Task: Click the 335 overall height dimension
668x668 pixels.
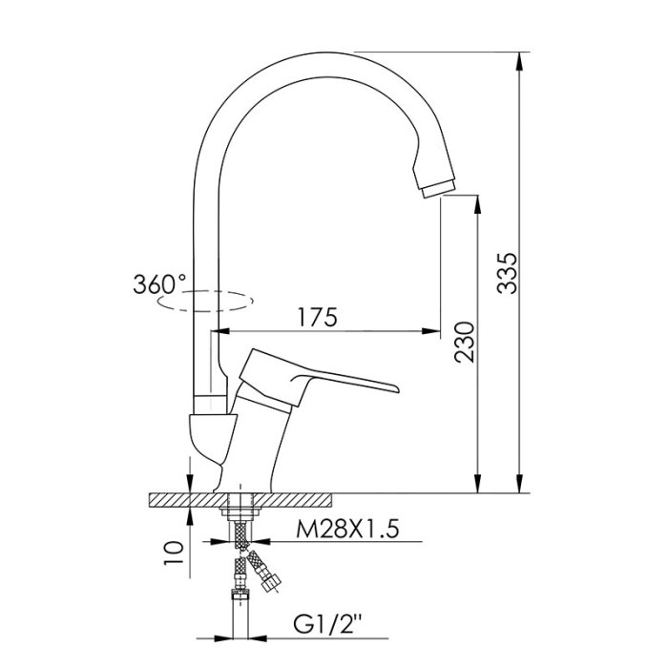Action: [508, 274]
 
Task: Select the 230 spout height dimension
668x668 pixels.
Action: [464, 342]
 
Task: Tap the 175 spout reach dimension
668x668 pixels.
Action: [317, 317]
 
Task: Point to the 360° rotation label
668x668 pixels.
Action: [159, 284]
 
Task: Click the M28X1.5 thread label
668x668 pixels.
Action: [347, 530]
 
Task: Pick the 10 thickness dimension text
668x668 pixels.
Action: [174, 553]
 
